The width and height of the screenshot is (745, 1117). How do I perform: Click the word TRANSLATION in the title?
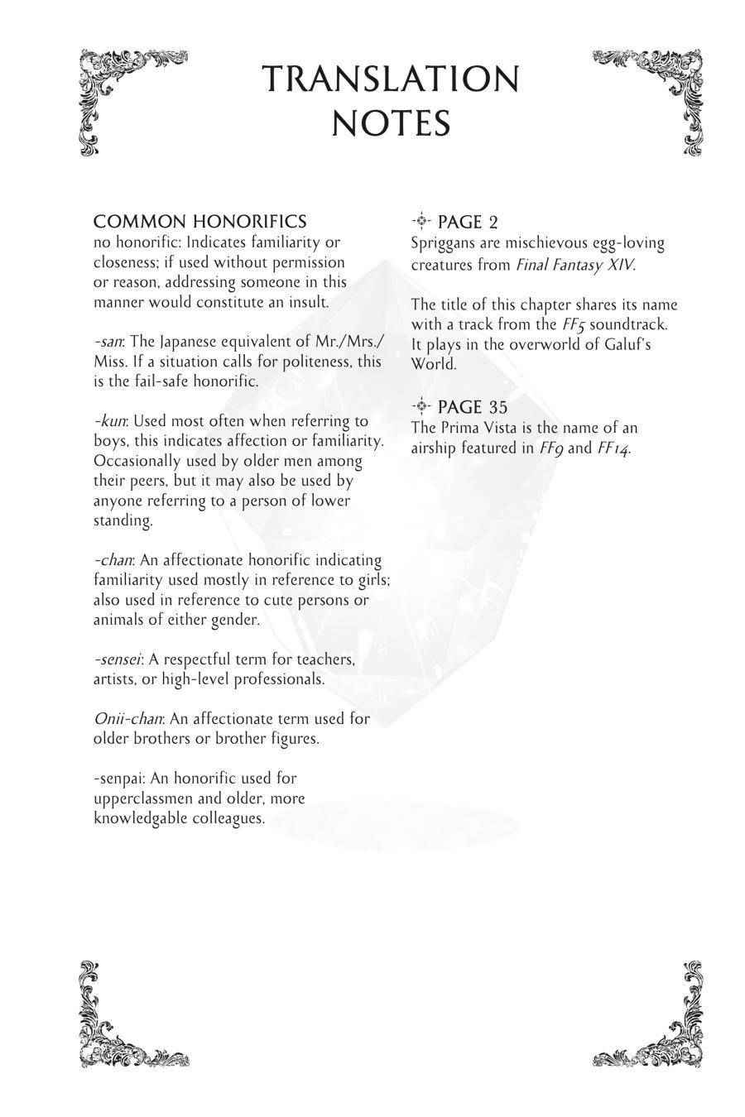(391, 79)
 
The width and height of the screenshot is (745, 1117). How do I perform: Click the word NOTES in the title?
(391, 124)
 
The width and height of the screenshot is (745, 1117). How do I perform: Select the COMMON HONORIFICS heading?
(199, 222)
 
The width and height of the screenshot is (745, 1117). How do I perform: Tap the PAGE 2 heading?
(467, 223)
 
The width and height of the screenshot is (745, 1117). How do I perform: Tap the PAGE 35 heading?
(472, 407)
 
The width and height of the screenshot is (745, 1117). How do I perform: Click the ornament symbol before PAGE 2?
(421, 221)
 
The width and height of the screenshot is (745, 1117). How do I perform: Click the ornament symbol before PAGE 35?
(421, 405)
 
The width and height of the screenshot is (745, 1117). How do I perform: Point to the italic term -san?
(108, 342)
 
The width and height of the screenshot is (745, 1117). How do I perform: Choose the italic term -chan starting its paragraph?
(113, 560)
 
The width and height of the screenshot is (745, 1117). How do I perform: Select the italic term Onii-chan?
(127, 719)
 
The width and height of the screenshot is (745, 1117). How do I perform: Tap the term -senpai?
(118, 779)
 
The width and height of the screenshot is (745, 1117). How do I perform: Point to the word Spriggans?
(443, 243)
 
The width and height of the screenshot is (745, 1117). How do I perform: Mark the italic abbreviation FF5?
(573, 325)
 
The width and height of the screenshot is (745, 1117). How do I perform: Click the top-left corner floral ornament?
(124, 95)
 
